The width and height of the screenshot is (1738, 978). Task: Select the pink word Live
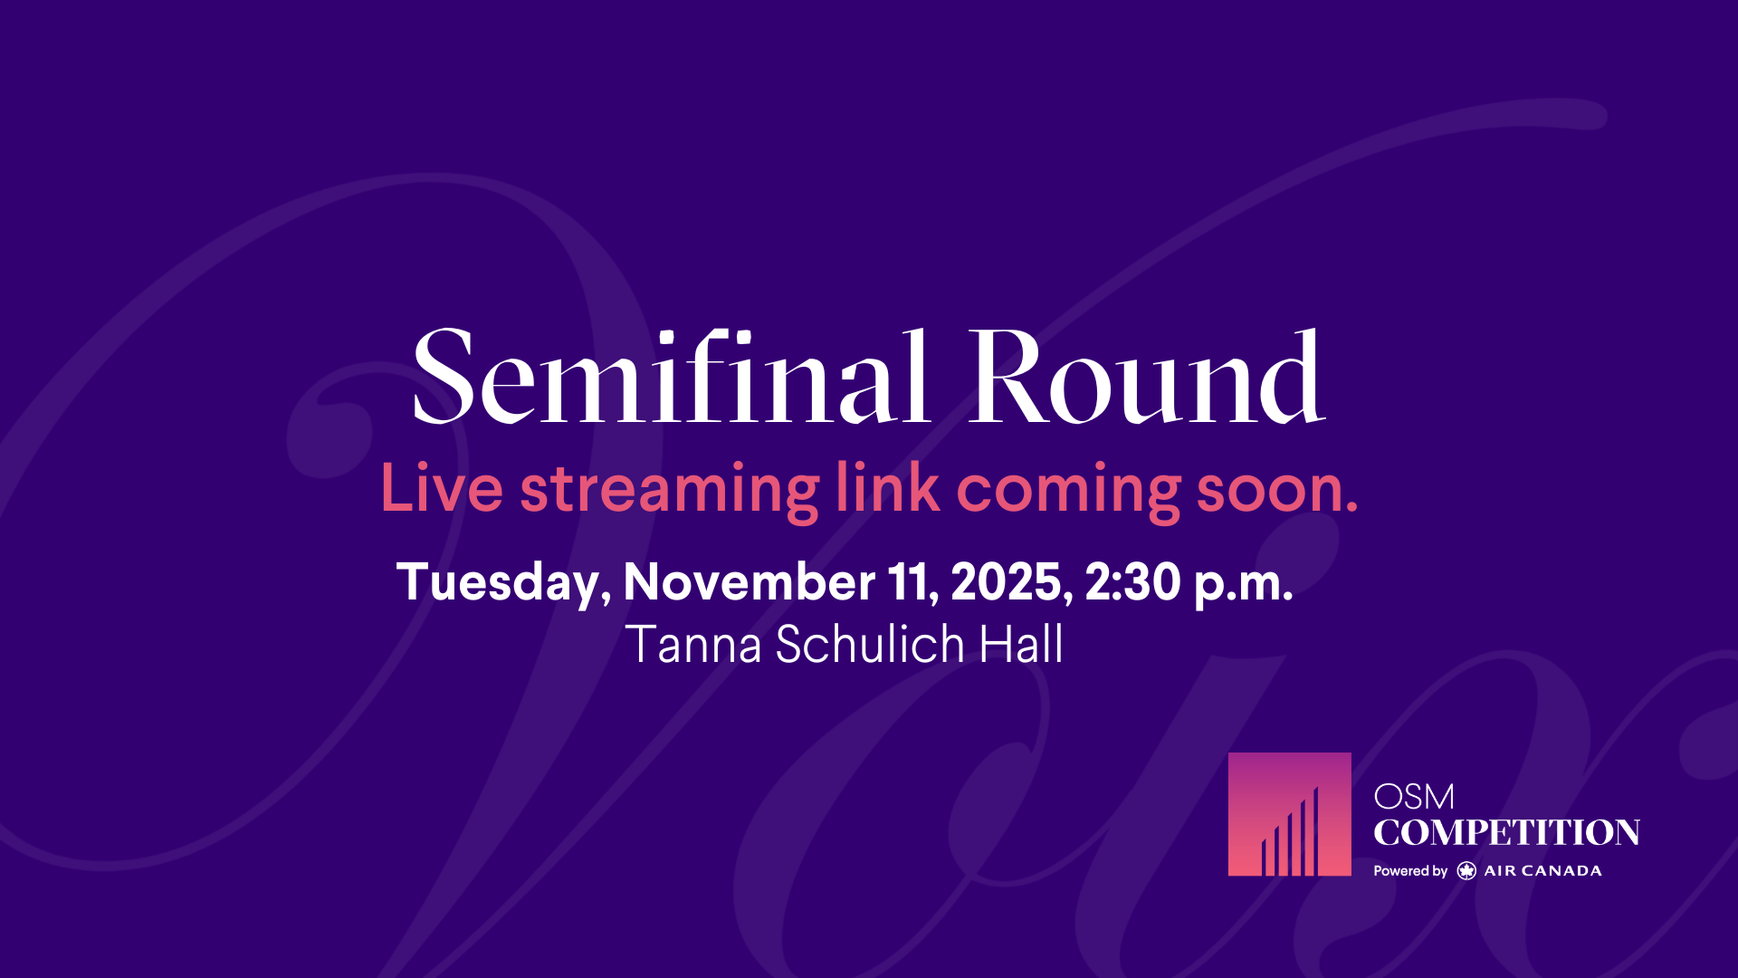coord(442,488)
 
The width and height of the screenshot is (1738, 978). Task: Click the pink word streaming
coord(670,493)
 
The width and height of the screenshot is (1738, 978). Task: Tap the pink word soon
coord(1277,494)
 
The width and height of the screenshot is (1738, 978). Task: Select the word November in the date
coord(750,581)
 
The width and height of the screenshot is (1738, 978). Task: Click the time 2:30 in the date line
coord(1133,581)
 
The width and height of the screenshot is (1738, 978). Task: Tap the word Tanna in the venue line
coord(693,645)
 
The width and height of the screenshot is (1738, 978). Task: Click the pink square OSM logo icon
coord(1289,814)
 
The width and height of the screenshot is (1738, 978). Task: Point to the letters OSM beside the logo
coord(1414,798)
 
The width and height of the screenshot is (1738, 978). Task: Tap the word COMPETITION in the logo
coord(1506,832)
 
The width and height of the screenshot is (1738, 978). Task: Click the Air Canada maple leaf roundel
coord(1466,871)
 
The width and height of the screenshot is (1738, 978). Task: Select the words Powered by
coord(1410,871)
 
